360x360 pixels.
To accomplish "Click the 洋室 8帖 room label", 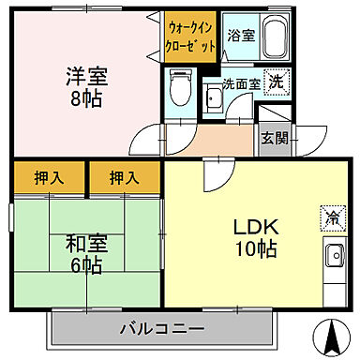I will (x=86, y=86).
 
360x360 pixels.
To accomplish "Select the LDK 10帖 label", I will (x=254, y=238).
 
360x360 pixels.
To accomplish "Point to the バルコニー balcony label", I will (x=162, y=328).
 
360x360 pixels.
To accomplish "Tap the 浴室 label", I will (x=240, y=37).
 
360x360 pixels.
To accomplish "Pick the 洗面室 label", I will (x=240, y=82).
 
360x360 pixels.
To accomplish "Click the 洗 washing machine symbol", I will (x=276, y=82).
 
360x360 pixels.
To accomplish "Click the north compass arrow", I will (x=331, y=333).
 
